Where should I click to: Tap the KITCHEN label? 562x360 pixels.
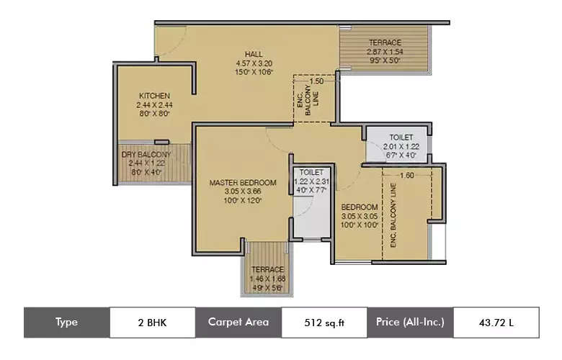tap(154, 96)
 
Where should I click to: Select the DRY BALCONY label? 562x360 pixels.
tap(146, 155)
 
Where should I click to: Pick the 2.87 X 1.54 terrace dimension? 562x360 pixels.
tap(385, 52)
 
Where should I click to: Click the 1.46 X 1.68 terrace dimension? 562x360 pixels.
tap(267, 278)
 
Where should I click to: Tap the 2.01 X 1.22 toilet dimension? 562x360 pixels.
tap(401, 146)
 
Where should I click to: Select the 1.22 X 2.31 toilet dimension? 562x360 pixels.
tap(312, 182)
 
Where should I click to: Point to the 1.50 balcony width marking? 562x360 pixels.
tap(306, 81)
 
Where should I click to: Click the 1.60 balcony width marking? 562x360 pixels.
tap(406, 175)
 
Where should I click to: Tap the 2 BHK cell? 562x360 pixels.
tap(152, 323)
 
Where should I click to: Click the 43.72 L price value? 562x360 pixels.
tap(495, 323)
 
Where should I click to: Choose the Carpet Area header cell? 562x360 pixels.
tap(238, 323)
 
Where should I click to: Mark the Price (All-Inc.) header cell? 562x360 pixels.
tap(409, 323)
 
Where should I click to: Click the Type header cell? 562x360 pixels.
tap(66, 323)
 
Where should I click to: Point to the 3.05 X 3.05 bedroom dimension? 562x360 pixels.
tap(360, 216)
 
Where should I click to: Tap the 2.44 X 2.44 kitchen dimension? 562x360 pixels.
tap(154, 104)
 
